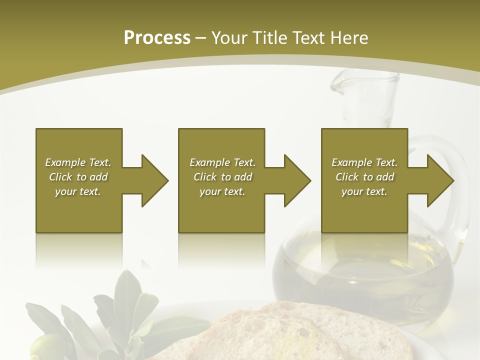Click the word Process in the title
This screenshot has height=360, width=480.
(157, 38)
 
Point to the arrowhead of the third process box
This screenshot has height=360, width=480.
(439, 180)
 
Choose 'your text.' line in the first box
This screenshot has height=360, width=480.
(78, 191)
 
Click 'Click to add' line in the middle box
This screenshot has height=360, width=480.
(222, 177)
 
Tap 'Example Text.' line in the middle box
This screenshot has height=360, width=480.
(222, 162)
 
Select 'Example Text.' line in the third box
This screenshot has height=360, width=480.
(364, 162)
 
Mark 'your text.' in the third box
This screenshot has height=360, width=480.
(364, 191)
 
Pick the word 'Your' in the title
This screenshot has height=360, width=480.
(231, 38)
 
